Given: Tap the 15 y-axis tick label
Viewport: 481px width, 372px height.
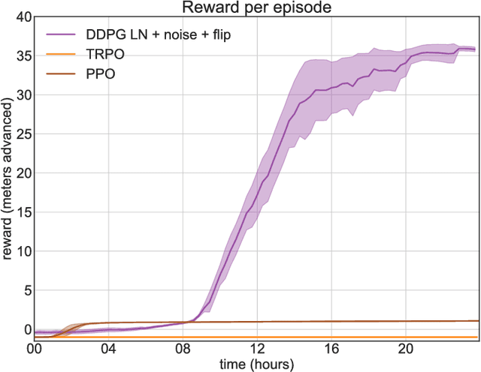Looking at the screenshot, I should point(23,212).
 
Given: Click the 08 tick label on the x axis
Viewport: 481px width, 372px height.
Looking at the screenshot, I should point(183,349).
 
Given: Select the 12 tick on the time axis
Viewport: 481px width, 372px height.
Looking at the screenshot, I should point(257,349).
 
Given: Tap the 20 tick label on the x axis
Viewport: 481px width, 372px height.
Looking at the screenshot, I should point(405,349).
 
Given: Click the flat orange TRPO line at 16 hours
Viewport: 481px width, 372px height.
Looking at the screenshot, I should point(331,337).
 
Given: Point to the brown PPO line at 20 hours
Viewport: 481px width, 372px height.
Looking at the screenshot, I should point(405,321).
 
